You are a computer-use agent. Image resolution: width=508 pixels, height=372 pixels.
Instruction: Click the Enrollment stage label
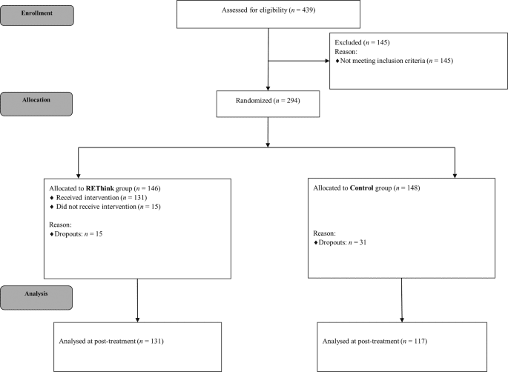(x=36, y=13)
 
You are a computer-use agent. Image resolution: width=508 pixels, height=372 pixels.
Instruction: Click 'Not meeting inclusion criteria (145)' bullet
(x=397, y=61)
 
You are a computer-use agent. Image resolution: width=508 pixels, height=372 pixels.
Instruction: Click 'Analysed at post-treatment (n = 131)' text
(x=110, y=342)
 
